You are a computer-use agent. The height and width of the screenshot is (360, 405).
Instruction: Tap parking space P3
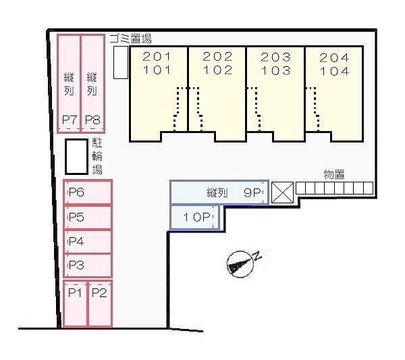88,265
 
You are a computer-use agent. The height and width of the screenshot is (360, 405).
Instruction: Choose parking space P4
88,241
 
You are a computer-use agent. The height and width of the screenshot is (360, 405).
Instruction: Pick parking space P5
88,217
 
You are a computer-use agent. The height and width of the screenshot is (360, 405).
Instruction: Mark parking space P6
88,192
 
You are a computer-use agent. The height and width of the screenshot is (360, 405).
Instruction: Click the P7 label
70,121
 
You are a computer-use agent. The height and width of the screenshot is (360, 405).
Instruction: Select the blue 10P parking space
194,218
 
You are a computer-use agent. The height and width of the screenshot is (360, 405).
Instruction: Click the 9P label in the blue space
253,192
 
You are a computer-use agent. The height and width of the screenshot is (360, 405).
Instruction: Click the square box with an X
281,192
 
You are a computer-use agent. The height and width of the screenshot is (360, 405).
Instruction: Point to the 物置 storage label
334,174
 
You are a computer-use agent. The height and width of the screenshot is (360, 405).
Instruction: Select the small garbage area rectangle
121,64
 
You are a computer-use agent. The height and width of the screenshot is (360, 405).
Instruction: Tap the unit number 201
157,57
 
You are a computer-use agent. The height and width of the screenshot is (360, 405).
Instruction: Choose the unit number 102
217,70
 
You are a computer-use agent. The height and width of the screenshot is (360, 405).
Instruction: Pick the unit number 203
276,57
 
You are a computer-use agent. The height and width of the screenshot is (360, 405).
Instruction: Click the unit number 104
334,70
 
